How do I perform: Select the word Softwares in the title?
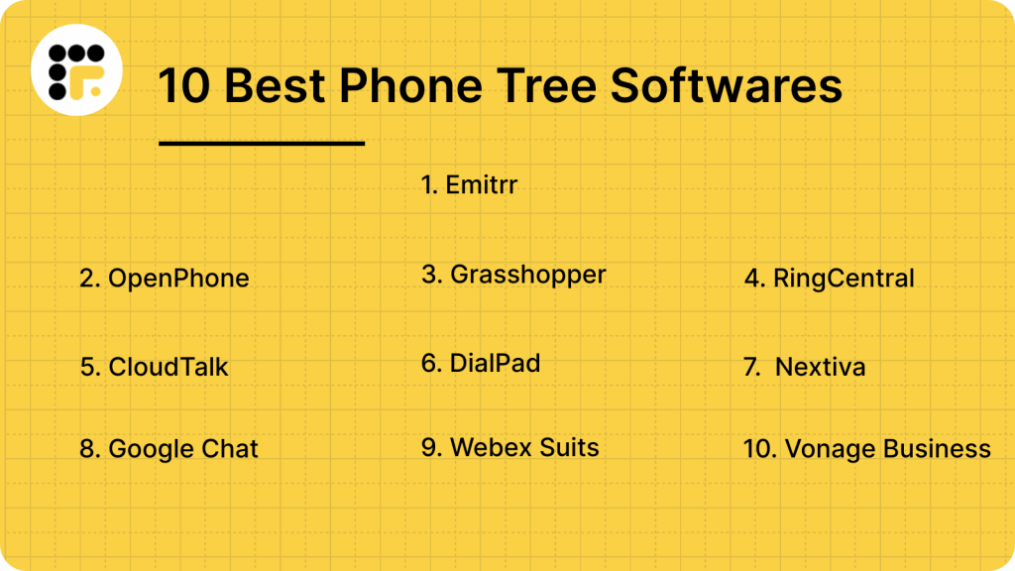726,85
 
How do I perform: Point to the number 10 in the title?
184,86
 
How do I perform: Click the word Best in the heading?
275,86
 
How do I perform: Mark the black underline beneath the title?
262,144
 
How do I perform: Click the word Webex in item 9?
485,447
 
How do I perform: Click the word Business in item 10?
937,449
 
